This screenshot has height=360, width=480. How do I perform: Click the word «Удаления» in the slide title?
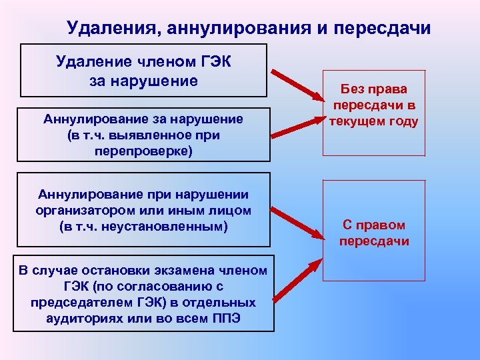coord(111,29)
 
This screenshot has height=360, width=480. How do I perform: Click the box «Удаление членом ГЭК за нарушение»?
coord(144,71)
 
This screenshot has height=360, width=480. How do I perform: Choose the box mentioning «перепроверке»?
coord(144,135)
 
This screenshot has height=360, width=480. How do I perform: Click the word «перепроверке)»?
coord(143,151)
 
